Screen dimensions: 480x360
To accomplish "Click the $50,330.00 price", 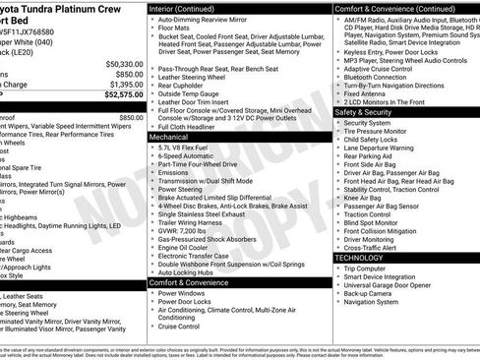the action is coord(115,63).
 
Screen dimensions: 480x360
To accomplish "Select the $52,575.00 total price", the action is coord(116,96).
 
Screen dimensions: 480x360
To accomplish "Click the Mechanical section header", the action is coord(169,139).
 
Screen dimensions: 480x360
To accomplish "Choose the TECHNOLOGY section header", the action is coord(359,257).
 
